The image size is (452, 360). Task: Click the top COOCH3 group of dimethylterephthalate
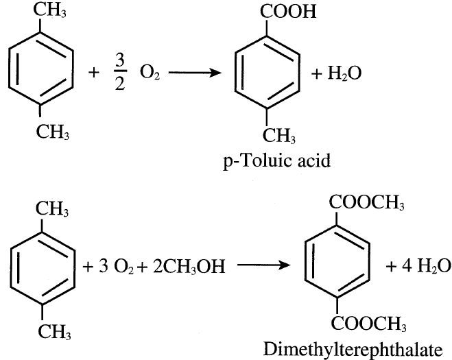click(x=366, y=204)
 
